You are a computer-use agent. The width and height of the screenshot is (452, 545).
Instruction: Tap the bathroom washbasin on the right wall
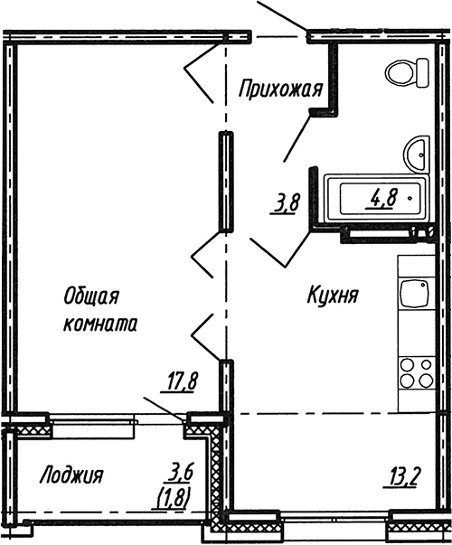417,153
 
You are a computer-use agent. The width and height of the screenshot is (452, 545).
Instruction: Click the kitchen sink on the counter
416,295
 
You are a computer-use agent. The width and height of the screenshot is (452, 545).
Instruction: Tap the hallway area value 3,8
286,202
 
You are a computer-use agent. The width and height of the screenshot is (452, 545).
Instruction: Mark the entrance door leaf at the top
283,16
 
